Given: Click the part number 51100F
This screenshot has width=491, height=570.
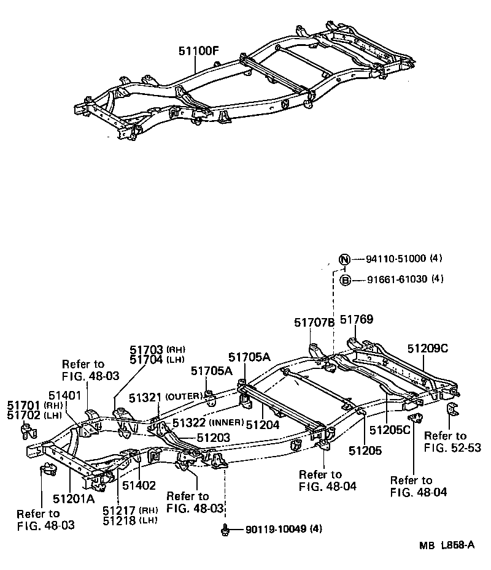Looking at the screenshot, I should click(x=198, y=52).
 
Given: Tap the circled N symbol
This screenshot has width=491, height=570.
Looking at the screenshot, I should click(x=345, y=259).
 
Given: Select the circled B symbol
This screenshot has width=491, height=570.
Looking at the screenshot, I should click(x=345, y=280).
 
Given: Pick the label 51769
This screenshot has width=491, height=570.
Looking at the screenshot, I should click(x=357, y=320).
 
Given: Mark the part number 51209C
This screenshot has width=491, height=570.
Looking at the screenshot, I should click(x=428, y=349).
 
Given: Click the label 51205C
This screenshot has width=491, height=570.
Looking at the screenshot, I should click(x=388, y=430).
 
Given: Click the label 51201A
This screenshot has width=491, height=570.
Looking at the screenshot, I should click(x=73, y=498).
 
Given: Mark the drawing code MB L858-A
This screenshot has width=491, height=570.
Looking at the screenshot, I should click(x=446, y=545).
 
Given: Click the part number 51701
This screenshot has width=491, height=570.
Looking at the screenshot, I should click(x=24, y=405).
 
